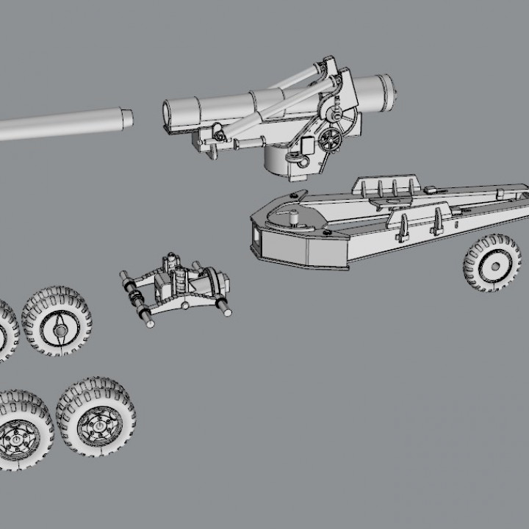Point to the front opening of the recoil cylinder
[167, 112]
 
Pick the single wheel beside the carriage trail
[492, 263]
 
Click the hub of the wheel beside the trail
[494, 265]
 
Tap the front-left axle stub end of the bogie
[147, 320]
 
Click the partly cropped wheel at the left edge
[6, 331]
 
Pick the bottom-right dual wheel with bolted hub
[96, 417]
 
